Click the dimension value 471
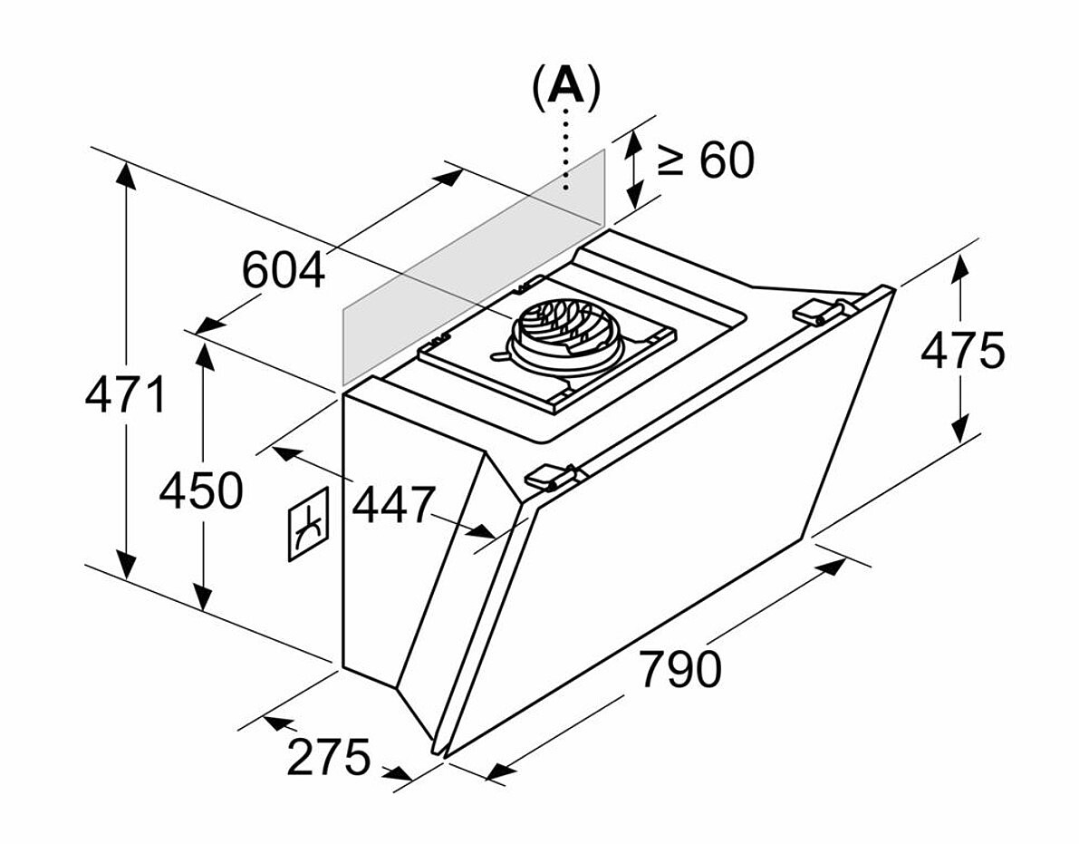125,395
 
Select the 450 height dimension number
201,490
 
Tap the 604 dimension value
283,270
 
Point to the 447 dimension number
394,504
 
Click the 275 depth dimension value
328,757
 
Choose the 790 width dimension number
680,668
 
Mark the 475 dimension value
963,350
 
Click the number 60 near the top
727,160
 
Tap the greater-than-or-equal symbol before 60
670,160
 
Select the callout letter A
565,86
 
